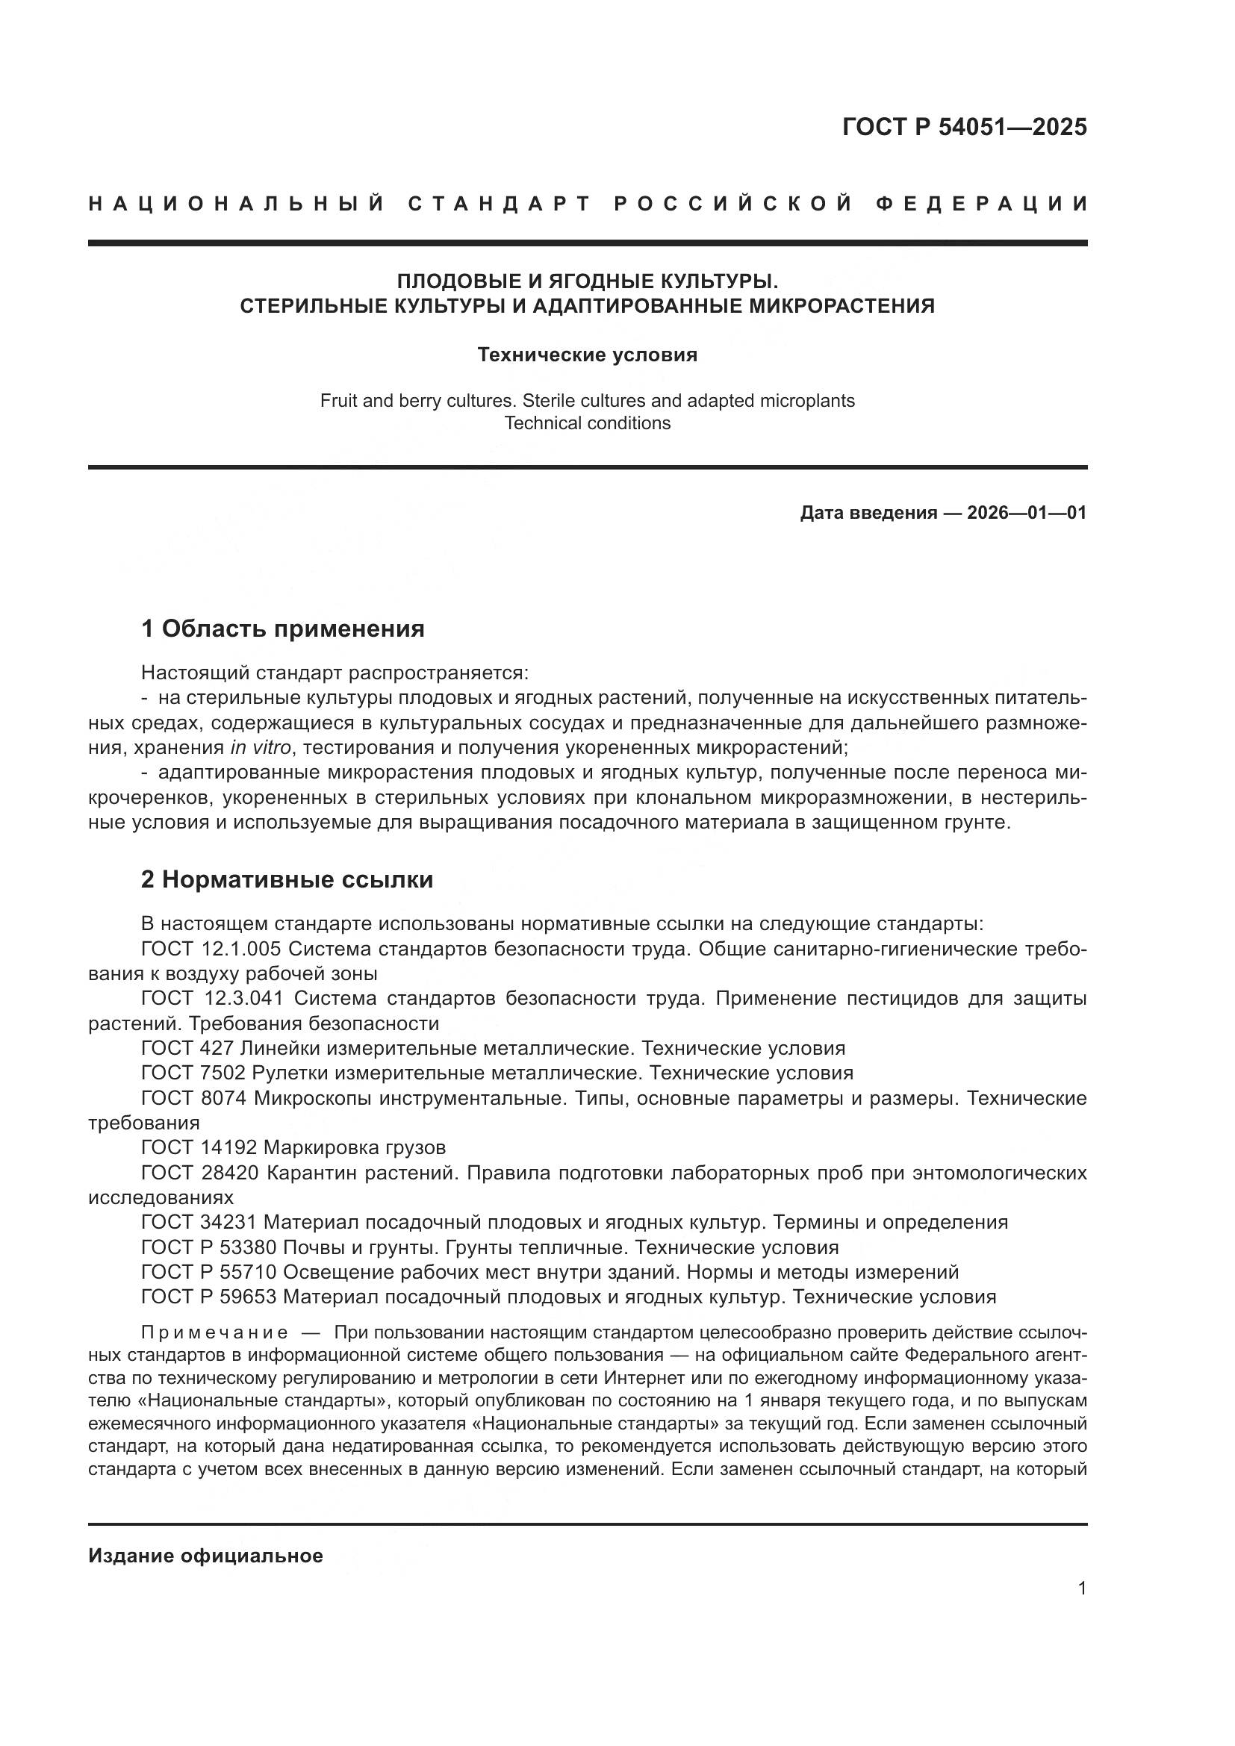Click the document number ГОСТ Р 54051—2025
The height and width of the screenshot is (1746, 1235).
click(x=964, y=127)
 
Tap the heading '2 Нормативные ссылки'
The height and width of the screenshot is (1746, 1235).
click(x=287, y=879)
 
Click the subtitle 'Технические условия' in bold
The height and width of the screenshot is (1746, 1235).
click(x=587, y=355)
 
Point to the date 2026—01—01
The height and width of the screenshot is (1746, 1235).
click(x=1027, y=513)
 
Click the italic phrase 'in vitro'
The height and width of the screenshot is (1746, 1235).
click(x=261, y=747)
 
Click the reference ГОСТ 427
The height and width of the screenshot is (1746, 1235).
click(x=187, y=1048)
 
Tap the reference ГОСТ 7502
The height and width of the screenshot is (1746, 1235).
click(x=193, y=1073)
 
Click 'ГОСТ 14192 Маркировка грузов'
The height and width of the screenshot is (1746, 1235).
click(x=293, y=1147)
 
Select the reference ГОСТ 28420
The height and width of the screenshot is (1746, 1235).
click(x=199, y=1173)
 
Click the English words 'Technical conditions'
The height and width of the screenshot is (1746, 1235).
click(x=587, y=423)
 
